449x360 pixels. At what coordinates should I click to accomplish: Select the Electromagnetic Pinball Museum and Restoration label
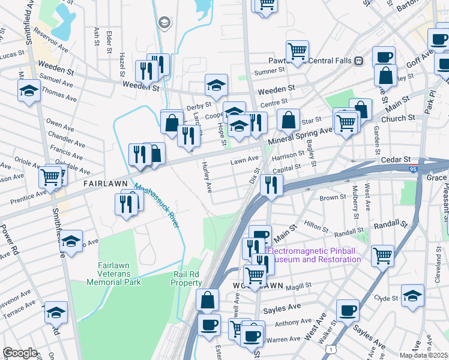pos(314,255)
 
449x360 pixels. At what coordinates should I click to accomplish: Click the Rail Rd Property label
pos(187,278)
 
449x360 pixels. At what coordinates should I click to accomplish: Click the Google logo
pos(20,353)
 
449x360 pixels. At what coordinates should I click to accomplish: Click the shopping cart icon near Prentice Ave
pos(50,177)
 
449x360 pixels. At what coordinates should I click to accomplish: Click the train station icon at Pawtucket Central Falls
pos(359,60)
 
